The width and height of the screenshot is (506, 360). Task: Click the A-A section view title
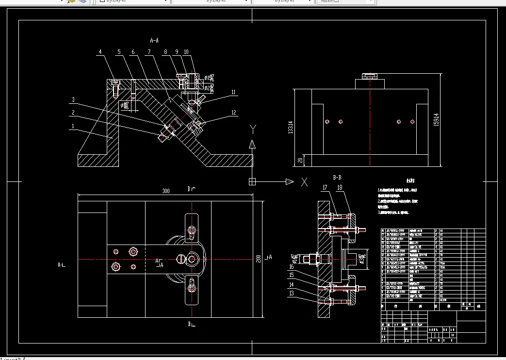(154, 40)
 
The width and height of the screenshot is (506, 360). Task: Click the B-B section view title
(338, 178)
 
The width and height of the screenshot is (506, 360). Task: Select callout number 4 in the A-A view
(100, 51)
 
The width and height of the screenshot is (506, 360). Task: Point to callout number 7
(149, 51)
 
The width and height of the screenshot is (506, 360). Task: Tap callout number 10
(186, 51)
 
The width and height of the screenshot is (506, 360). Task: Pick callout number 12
(233, 113)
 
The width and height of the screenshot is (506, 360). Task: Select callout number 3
(73, 100)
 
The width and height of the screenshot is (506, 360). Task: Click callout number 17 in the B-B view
(325, 187)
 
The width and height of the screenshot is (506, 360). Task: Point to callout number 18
(340, 187)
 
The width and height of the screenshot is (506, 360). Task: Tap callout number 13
(292, 293)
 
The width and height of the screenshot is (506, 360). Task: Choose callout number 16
(292, 266)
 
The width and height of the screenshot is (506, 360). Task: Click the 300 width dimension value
(165, 192)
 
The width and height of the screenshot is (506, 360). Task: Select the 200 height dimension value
(259, 258)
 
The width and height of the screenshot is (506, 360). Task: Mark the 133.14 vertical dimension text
(291, 127)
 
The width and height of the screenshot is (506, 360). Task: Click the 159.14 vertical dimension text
(436, 119)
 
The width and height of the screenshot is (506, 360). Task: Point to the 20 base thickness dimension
(300, 160)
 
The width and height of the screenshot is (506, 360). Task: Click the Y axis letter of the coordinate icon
(252, 129)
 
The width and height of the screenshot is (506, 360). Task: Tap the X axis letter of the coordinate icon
(304, 182)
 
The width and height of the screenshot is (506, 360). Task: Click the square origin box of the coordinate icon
(252, 182)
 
